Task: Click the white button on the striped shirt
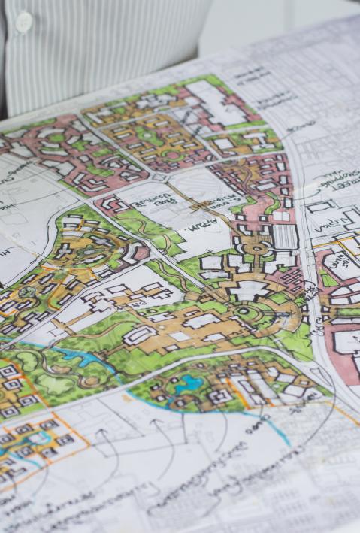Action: click(x=23, y=23)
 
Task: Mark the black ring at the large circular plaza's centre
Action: click(x=244, y=311)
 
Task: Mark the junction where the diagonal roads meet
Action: click(x=160, y=178)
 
